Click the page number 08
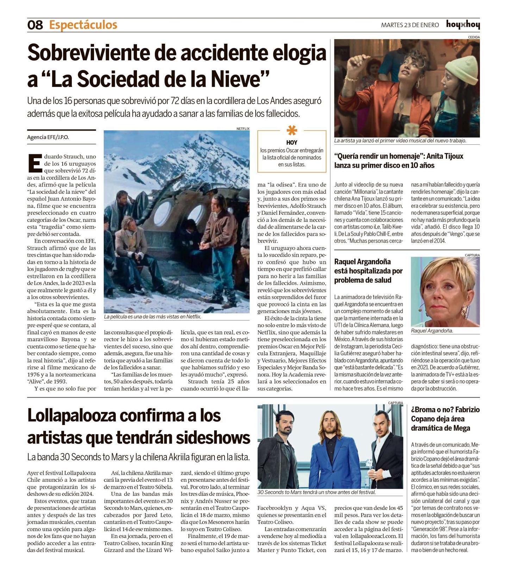pos(35,25)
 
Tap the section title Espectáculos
pos(83,25)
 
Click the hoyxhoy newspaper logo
pos(463,25)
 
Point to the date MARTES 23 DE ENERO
pos(410,25)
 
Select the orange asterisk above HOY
pos(292,131)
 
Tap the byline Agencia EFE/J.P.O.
pos(48,137)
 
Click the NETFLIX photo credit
pos(243,129)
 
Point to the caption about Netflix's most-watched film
pos(152,317)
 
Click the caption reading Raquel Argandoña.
pos(432,331)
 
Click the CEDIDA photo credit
pos(474,37)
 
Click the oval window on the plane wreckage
pos(164,212)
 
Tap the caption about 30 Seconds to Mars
pos(317,492)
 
